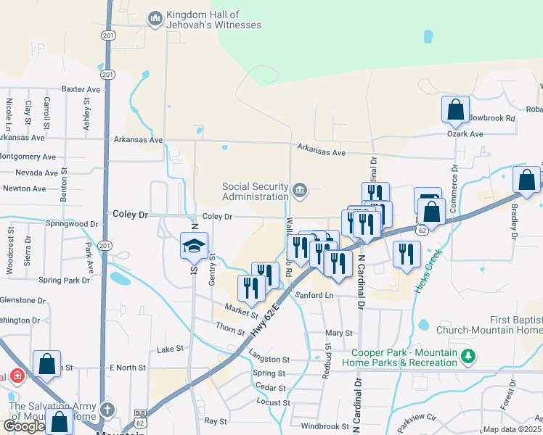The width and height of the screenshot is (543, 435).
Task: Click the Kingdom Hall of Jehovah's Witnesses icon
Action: [x=155, y=19]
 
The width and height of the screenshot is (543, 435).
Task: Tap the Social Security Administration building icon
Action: [x=300, y=191]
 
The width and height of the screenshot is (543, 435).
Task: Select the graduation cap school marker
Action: [x=195, y=246]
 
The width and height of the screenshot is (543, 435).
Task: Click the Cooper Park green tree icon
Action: [x=469, y=356]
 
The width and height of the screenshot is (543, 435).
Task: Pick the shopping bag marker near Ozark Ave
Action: [x=455, y=110]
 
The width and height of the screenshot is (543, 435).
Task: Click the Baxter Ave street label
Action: [x=81, y=89]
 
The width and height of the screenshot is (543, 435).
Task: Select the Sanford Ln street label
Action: [x=314, y=295]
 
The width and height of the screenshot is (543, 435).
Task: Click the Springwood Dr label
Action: [x=72, y=225]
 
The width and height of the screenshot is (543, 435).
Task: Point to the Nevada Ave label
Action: [x=36, y=173]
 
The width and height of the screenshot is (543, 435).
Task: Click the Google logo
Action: [x=24, y=425]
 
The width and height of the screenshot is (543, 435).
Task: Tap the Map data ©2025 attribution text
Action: [x=513, y=429]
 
